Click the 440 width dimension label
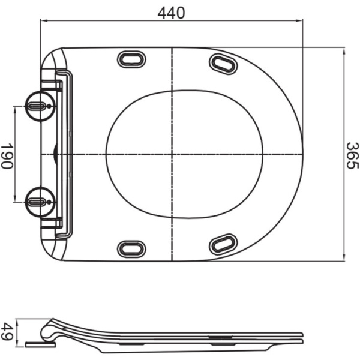172,12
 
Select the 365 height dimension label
352,155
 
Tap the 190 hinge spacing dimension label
7,155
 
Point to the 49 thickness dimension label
7,332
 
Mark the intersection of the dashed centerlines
172,154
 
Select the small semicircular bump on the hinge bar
55,154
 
